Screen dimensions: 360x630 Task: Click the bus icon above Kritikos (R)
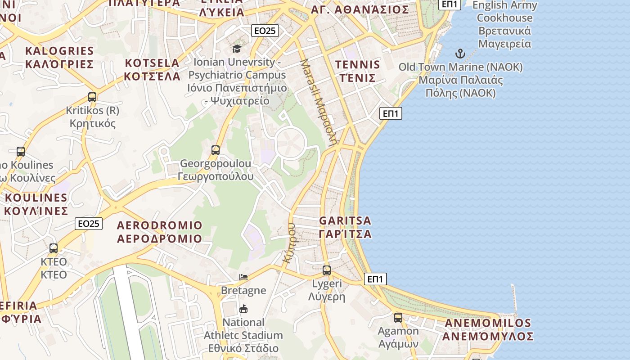[92, 97]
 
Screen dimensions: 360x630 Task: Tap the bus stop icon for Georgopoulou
[216, 150]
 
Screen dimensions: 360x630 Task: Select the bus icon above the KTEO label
[54, 248]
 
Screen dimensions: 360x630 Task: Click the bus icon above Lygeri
[327, 270]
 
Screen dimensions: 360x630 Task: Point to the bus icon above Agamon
[398, 318]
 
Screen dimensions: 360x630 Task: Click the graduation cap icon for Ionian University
[237, 49]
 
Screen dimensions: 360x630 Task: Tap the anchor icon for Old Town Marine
[460, 54]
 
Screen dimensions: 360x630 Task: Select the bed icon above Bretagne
[243, 277]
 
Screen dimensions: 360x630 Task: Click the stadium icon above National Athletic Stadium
[243, 309]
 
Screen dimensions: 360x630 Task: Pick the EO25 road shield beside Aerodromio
[89, 224]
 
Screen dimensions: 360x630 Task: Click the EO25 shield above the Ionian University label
[265, 31]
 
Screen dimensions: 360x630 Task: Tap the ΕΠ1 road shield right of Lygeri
[375, 279]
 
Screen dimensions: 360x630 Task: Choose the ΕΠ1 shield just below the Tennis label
[391, 113]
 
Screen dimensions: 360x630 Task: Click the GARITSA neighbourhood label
[345, 227]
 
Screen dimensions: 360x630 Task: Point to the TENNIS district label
[357, 71]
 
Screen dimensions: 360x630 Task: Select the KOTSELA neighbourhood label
[152, 69]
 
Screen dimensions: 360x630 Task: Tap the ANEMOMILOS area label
[488, 329]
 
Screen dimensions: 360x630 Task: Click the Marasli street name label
[319, 101]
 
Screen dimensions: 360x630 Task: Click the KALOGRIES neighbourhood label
[59, 57]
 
